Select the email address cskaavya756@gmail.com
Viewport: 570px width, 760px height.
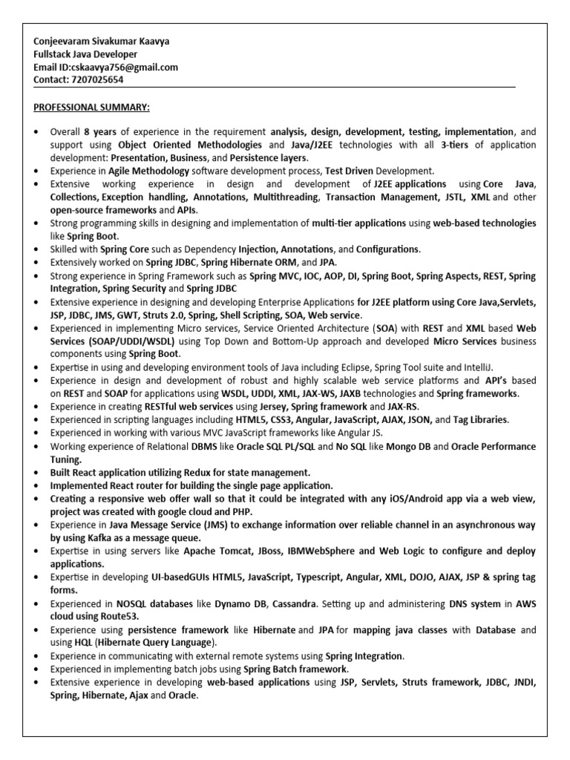tap(130, 67)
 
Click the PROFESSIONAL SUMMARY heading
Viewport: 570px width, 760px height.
tap(91, 108)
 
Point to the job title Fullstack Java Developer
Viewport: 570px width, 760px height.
tap(85, 54)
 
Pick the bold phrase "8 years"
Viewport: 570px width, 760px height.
tap(99, 132)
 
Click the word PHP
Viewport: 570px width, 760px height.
tap(242, 511)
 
